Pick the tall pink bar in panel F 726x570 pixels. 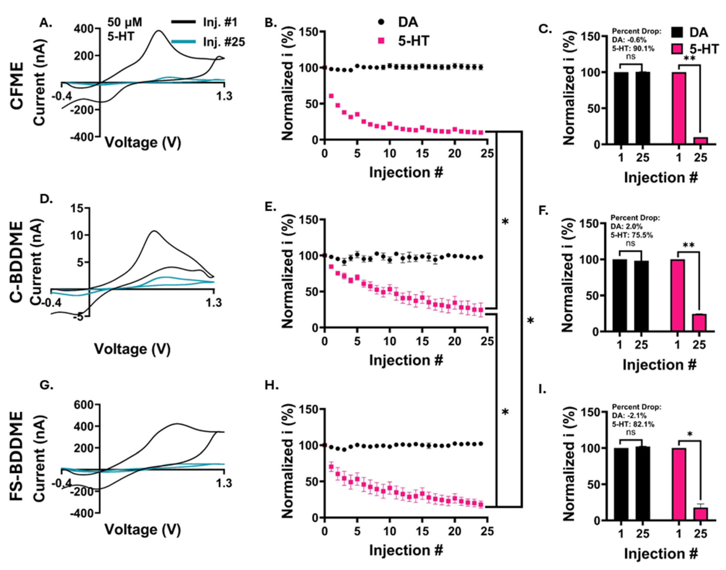point(678,295)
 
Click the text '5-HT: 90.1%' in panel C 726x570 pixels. point(633,49)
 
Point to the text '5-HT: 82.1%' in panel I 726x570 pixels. point(633,425)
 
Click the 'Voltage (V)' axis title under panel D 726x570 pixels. point(132,349)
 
